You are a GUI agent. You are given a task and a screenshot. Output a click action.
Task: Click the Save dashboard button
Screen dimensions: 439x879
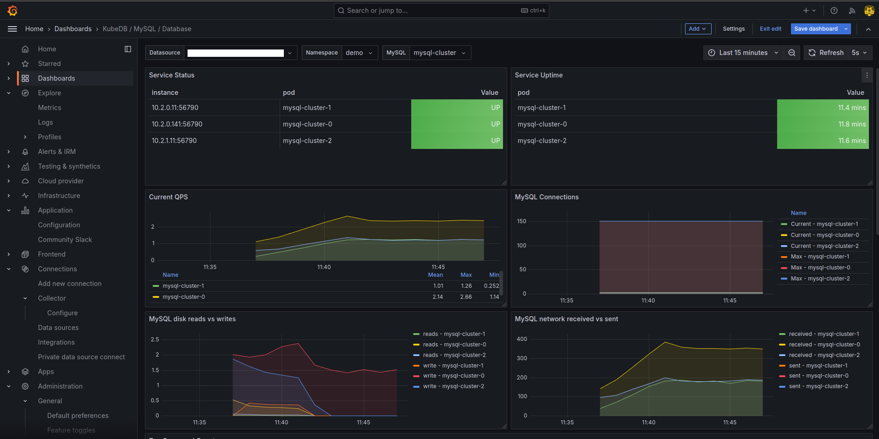coord(816,29)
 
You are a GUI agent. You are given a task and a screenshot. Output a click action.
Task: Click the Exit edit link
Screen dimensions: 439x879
coord(770,29)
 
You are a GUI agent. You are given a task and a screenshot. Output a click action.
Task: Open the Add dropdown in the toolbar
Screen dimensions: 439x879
coord(697,29)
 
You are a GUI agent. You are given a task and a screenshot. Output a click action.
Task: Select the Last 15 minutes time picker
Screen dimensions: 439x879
coord(743,53)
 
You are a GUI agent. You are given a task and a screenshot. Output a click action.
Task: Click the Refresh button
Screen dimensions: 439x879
coord(826,53)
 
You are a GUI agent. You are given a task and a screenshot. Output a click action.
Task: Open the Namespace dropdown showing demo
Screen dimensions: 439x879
coord(359,53)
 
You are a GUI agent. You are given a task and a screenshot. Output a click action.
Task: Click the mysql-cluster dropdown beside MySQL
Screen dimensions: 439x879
coord(439,53)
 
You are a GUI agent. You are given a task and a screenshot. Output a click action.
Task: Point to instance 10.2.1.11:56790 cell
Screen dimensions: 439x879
coord(174,141)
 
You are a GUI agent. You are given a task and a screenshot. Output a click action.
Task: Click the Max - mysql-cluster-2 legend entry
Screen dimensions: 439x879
coord(820,279)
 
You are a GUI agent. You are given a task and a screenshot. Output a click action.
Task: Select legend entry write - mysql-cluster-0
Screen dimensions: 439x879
coord(453,376)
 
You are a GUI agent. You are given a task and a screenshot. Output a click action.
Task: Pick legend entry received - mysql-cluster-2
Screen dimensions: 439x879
coord(824,355)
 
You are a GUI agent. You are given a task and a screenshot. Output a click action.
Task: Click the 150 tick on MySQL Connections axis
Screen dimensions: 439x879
coord(521,221)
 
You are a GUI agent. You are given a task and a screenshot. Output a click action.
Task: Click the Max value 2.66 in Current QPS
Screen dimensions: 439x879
coord(466,297)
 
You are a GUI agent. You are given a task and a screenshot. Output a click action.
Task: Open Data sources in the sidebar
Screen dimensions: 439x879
coord(58,328)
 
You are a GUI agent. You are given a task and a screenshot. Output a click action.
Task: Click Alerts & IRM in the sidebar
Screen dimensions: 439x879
coord(57,152)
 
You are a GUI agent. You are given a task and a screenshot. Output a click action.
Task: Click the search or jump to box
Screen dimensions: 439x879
coord(431,11)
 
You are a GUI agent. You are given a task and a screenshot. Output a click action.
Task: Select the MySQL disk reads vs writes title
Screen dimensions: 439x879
coord(192,319)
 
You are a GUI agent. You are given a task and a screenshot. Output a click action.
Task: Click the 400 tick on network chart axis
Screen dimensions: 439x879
coord(522,339)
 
